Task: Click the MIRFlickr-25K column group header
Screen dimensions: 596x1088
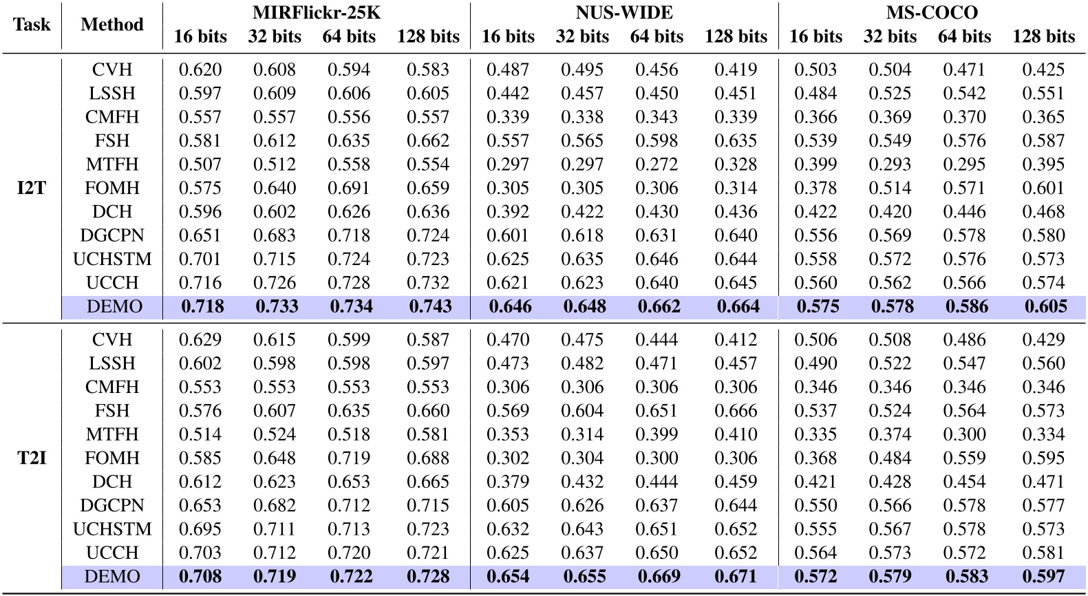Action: [x=317, y=12]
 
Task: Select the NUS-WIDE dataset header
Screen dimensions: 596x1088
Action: [x=624, y=12]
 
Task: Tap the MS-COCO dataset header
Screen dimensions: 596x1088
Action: [x=932, y=12]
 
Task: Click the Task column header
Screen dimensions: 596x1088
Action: [x=32, y=25]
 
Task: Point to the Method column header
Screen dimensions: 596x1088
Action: [x=111, y=25]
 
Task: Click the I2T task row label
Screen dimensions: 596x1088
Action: [x=32, y=188]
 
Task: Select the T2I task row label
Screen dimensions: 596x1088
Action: [x=32, y=458]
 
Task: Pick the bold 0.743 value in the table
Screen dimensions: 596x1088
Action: [x=428, y=307]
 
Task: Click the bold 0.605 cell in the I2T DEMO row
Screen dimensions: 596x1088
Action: [x=1043, y=307]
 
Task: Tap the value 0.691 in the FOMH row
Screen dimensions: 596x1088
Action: [x=349, y=189]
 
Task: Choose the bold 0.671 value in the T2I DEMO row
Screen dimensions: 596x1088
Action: [x=736, y=577]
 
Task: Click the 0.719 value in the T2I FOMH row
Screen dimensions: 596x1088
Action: [x=349, y=458]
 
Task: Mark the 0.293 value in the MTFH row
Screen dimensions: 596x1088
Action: [x=890, y=164]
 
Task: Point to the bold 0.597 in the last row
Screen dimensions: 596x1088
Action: [x=1043, y=577]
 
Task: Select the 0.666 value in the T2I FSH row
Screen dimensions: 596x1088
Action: [x=736, y=411]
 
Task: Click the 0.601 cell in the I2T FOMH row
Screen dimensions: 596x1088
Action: [x=1043, y=189]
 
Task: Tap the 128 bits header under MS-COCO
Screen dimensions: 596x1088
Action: [x=1043, y=36]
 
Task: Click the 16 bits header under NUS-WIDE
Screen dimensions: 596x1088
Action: [x=508, y=36]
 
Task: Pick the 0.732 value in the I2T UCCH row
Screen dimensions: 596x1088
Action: [x=428, y=283]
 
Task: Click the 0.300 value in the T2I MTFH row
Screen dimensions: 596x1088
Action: [x=964, y=434]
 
